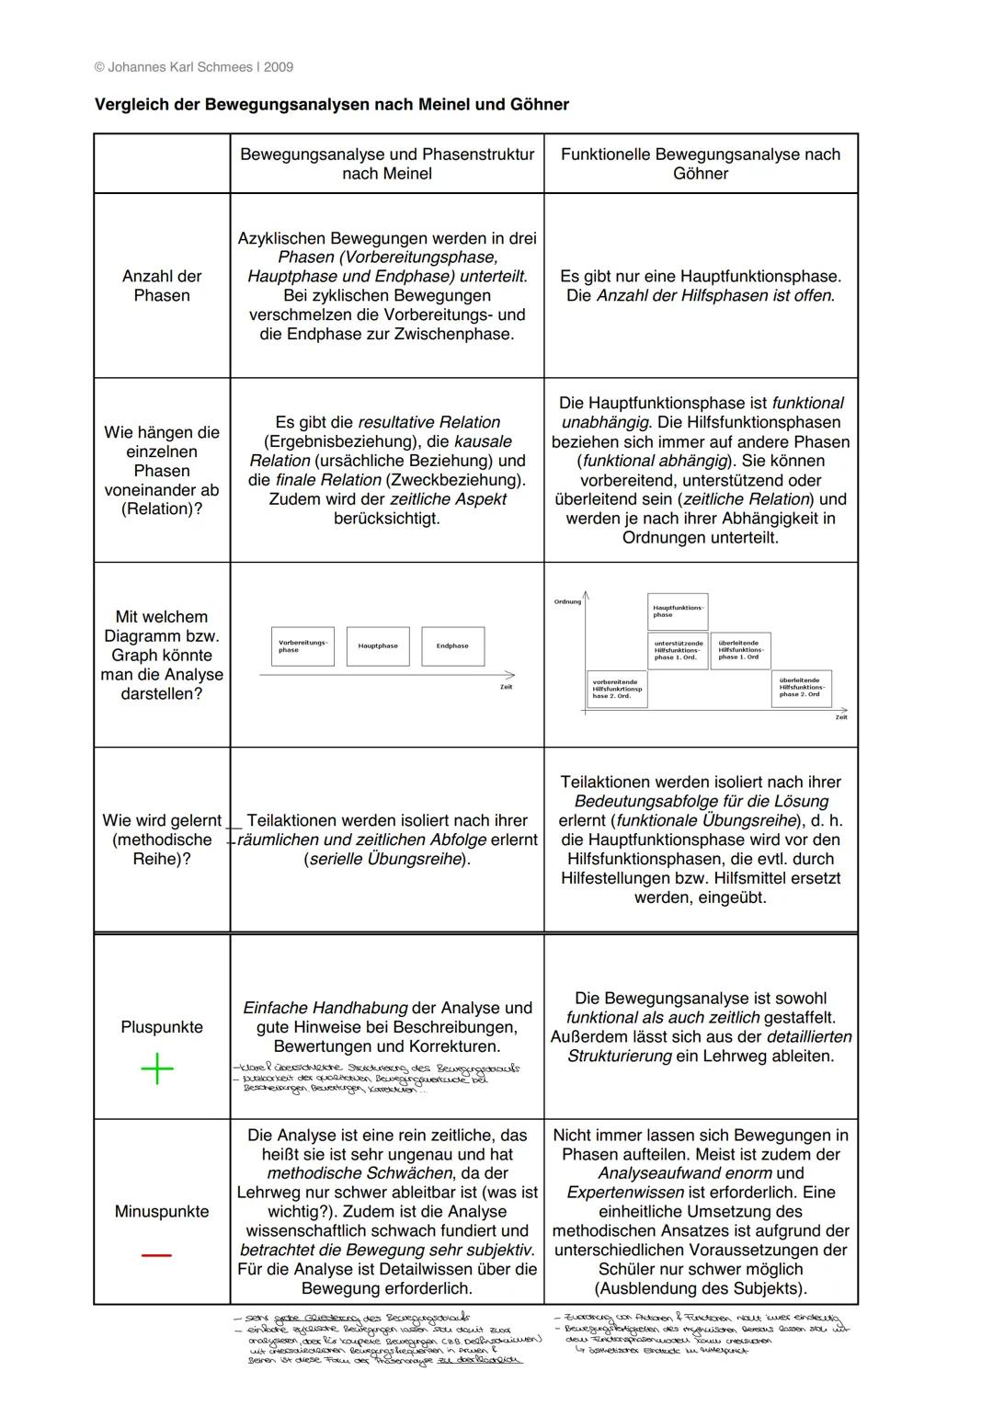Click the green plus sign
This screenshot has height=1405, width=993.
coord(157,1068)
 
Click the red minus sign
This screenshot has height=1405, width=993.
coord(156,1255)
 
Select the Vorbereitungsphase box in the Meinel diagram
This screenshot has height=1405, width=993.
coord(303,646)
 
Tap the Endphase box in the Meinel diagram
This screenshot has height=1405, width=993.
coord(452,646)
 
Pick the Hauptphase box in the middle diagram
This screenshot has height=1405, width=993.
coord(378,646)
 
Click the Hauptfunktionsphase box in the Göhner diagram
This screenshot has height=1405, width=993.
coord(678,611)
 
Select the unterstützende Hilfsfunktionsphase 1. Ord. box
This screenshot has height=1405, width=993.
coord(678,650)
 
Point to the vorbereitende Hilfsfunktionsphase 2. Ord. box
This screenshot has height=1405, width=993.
coord(617,689)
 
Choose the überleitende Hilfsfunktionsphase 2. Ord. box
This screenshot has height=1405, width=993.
coord(801,689)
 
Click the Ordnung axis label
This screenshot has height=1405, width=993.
coord(567,601)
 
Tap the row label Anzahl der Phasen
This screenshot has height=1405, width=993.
coord(162,286)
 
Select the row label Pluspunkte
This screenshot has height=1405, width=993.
coord(162,1027)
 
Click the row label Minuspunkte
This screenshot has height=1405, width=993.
coord(162,1212)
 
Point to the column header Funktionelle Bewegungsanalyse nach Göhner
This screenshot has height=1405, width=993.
coord(701,164)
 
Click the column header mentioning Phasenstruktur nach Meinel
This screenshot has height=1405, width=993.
coord(387,164)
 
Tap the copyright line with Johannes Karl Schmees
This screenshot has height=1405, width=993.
coord(194,67)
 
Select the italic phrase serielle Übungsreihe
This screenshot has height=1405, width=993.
coord(387,860)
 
